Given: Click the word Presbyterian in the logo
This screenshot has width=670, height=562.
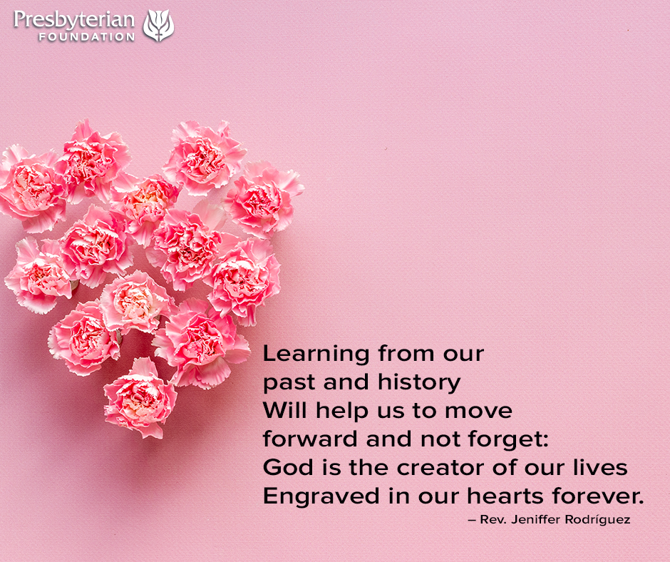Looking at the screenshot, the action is [x=74, y=20].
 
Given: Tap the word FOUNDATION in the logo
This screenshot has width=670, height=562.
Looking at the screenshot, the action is [x=87, y=37].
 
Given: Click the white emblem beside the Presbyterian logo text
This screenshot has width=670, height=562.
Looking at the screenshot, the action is [x=158, y=25].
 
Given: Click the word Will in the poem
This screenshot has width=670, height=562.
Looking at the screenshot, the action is [x=284, y=410].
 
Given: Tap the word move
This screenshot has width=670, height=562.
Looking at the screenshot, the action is [x=478, y=412].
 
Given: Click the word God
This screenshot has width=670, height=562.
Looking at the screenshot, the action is [x=288, y=467].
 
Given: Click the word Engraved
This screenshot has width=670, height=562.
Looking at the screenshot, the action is [x=321, y=496].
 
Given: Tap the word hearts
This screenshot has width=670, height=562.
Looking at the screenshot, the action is [x=505, y=496].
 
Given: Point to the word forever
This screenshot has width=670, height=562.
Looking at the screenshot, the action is [x=597, y=496].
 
